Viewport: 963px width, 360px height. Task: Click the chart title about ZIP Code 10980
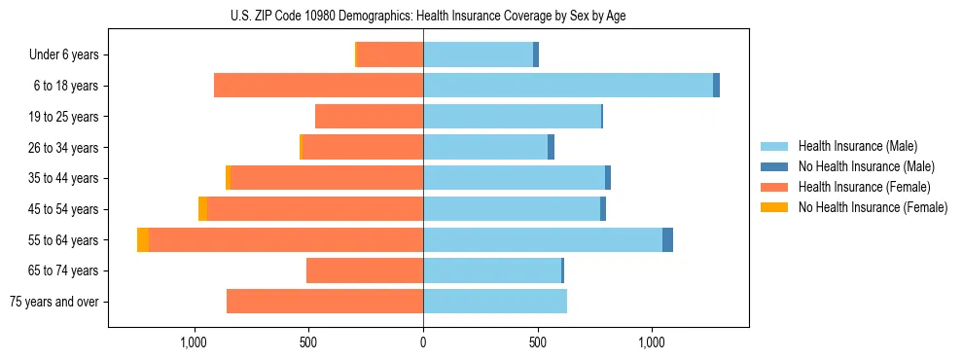pos(481,16)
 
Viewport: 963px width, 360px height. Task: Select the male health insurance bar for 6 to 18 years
pos(568,86)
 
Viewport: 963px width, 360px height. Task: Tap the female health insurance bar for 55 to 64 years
pos(286,239)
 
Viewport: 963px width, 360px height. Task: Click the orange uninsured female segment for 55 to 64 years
pos(143,239)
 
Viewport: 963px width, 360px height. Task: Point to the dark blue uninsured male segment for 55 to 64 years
pos(667,239)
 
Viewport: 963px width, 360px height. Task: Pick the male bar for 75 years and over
pos(495,302)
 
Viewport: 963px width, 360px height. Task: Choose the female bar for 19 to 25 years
pos(369,117)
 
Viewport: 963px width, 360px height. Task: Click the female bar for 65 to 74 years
pos(365,270)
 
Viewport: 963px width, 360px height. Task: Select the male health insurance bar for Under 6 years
pos(478,54)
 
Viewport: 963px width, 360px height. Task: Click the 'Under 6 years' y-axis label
pos(63,54)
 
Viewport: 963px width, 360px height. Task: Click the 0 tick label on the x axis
pos(423,342)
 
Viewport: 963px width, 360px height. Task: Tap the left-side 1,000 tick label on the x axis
pos(194,342)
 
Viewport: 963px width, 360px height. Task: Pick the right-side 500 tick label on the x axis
pos(537,342)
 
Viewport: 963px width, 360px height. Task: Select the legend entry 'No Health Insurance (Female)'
pos(873,207)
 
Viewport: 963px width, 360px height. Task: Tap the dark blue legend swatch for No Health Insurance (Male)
pos(774,166)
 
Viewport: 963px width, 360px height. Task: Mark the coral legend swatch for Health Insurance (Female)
pos(774,187)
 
